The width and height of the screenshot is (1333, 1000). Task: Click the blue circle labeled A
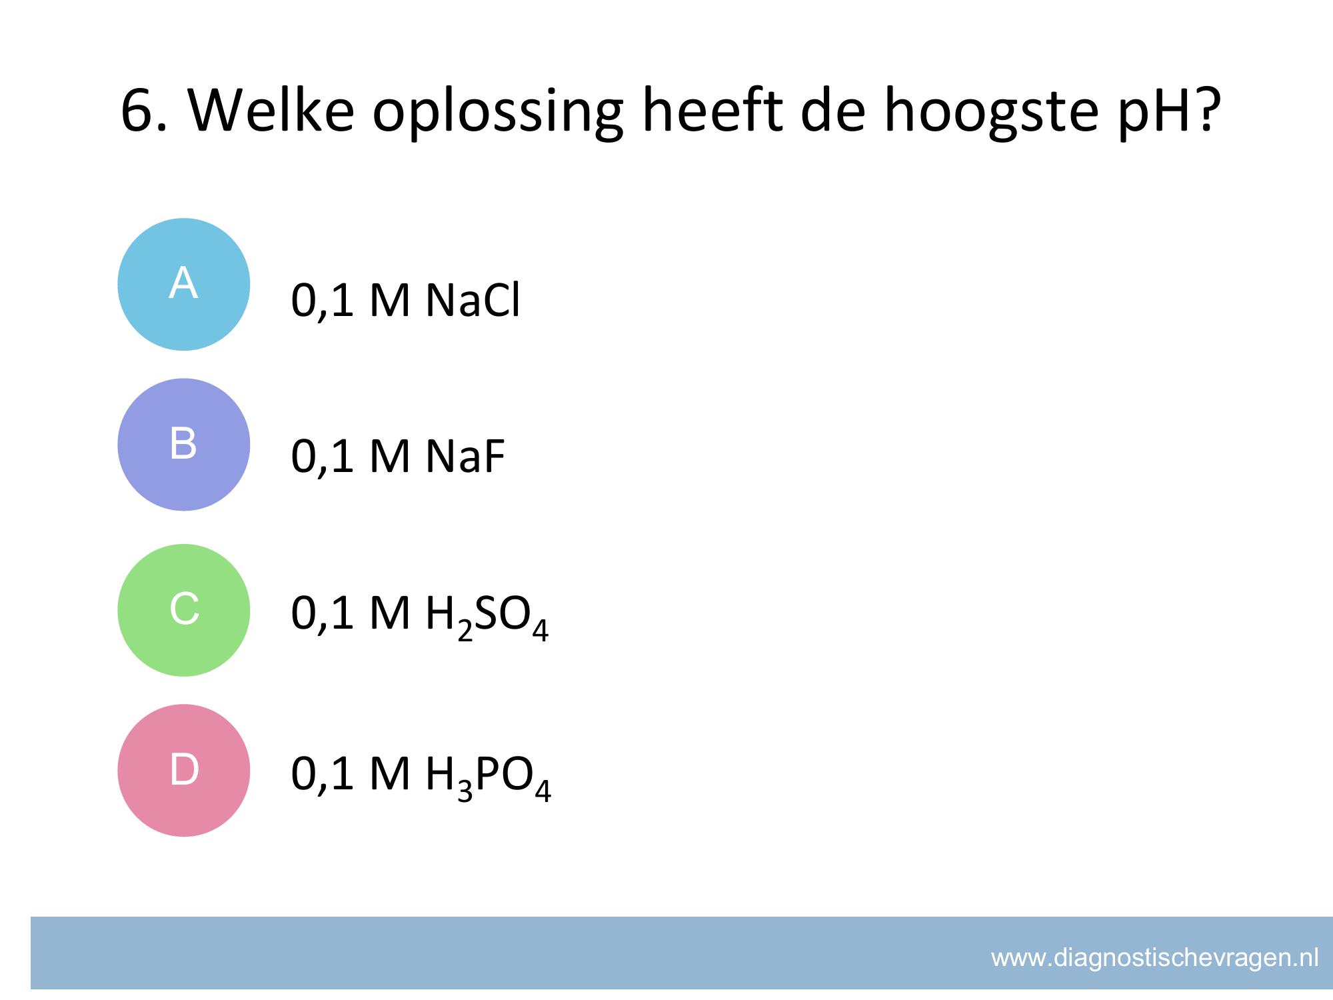[x=184, y=284]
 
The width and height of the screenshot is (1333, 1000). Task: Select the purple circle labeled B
[x=184, y=445]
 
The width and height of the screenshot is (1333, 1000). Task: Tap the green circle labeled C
[x=184, y=610]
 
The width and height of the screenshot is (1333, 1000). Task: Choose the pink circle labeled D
[x=184, y=770]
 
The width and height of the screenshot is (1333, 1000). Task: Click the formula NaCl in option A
[x=473, y=300]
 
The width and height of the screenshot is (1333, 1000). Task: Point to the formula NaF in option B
[x=465, y=457]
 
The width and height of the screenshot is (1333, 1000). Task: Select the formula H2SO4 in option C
[x=487, y=617]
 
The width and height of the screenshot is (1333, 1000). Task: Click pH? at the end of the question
[x=1169, y=112]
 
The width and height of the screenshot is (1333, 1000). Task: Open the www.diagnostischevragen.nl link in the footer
[x=1155, y=958]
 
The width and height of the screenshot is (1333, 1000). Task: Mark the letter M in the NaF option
[x=389, y=457]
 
